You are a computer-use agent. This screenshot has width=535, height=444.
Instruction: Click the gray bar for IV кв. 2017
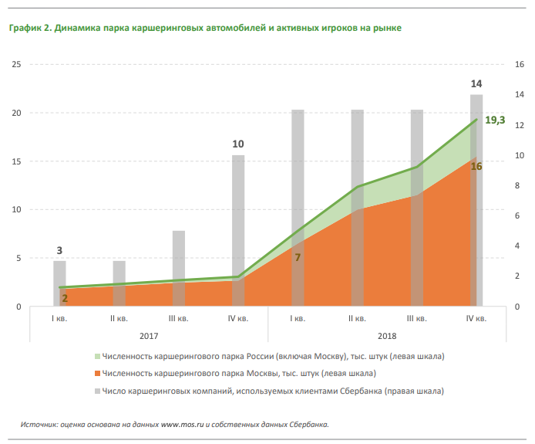(x=238, y=216)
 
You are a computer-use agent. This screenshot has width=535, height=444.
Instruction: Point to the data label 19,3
(x=495, y=120)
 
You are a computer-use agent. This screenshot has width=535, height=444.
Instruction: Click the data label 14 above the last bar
(x=476, y=83)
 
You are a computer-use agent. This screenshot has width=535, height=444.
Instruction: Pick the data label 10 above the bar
(x=238, y=144)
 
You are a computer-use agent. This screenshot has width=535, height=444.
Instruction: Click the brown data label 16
(x=476, y=166)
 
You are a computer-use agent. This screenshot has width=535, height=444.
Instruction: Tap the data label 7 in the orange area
(x=298, y=256)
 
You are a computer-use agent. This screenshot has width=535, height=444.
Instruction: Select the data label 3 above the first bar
(x=59, y=250)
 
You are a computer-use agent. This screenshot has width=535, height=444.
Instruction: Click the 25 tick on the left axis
(x=16, y=65)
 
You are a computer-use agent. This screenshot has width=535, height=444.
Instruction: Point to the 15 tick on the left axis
(x=16, y=161)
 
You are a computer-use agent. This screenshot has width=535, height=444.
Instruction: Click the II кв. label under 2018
(x=357, y=318)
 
